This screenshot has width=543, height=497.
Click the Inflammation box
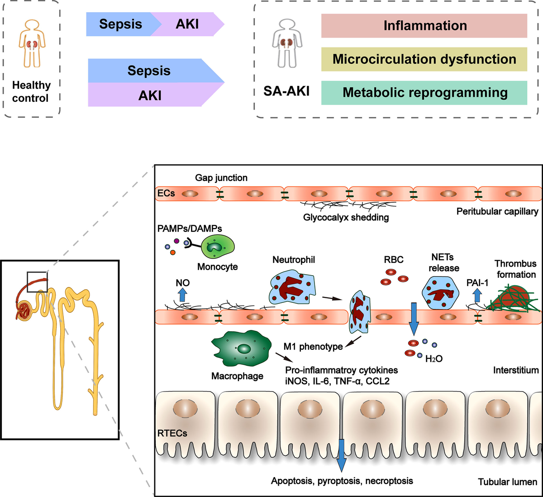pos(424,26)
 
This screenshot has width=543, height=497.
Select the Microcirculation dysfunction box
pos(424,59)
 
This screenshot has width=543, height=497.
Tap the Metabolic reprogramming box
pos(424,93)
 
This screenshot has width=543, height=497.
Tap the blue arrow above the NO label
pos(182,295)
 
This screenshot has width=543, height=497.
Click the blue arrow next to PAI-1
pos(477,296)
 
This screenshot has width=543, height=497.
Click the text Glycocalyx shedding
pos(346,217)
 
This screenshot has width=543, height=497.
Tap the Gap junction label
pos(221,178)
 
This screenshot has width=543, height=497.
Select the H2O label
pos(434,358)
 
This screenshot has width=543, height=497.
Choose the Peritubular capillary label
pos(497,211)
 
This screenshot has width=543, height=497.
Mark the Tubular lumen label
pos(508,482)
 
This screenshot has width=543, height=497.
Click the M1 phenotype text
pos(313,347)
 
